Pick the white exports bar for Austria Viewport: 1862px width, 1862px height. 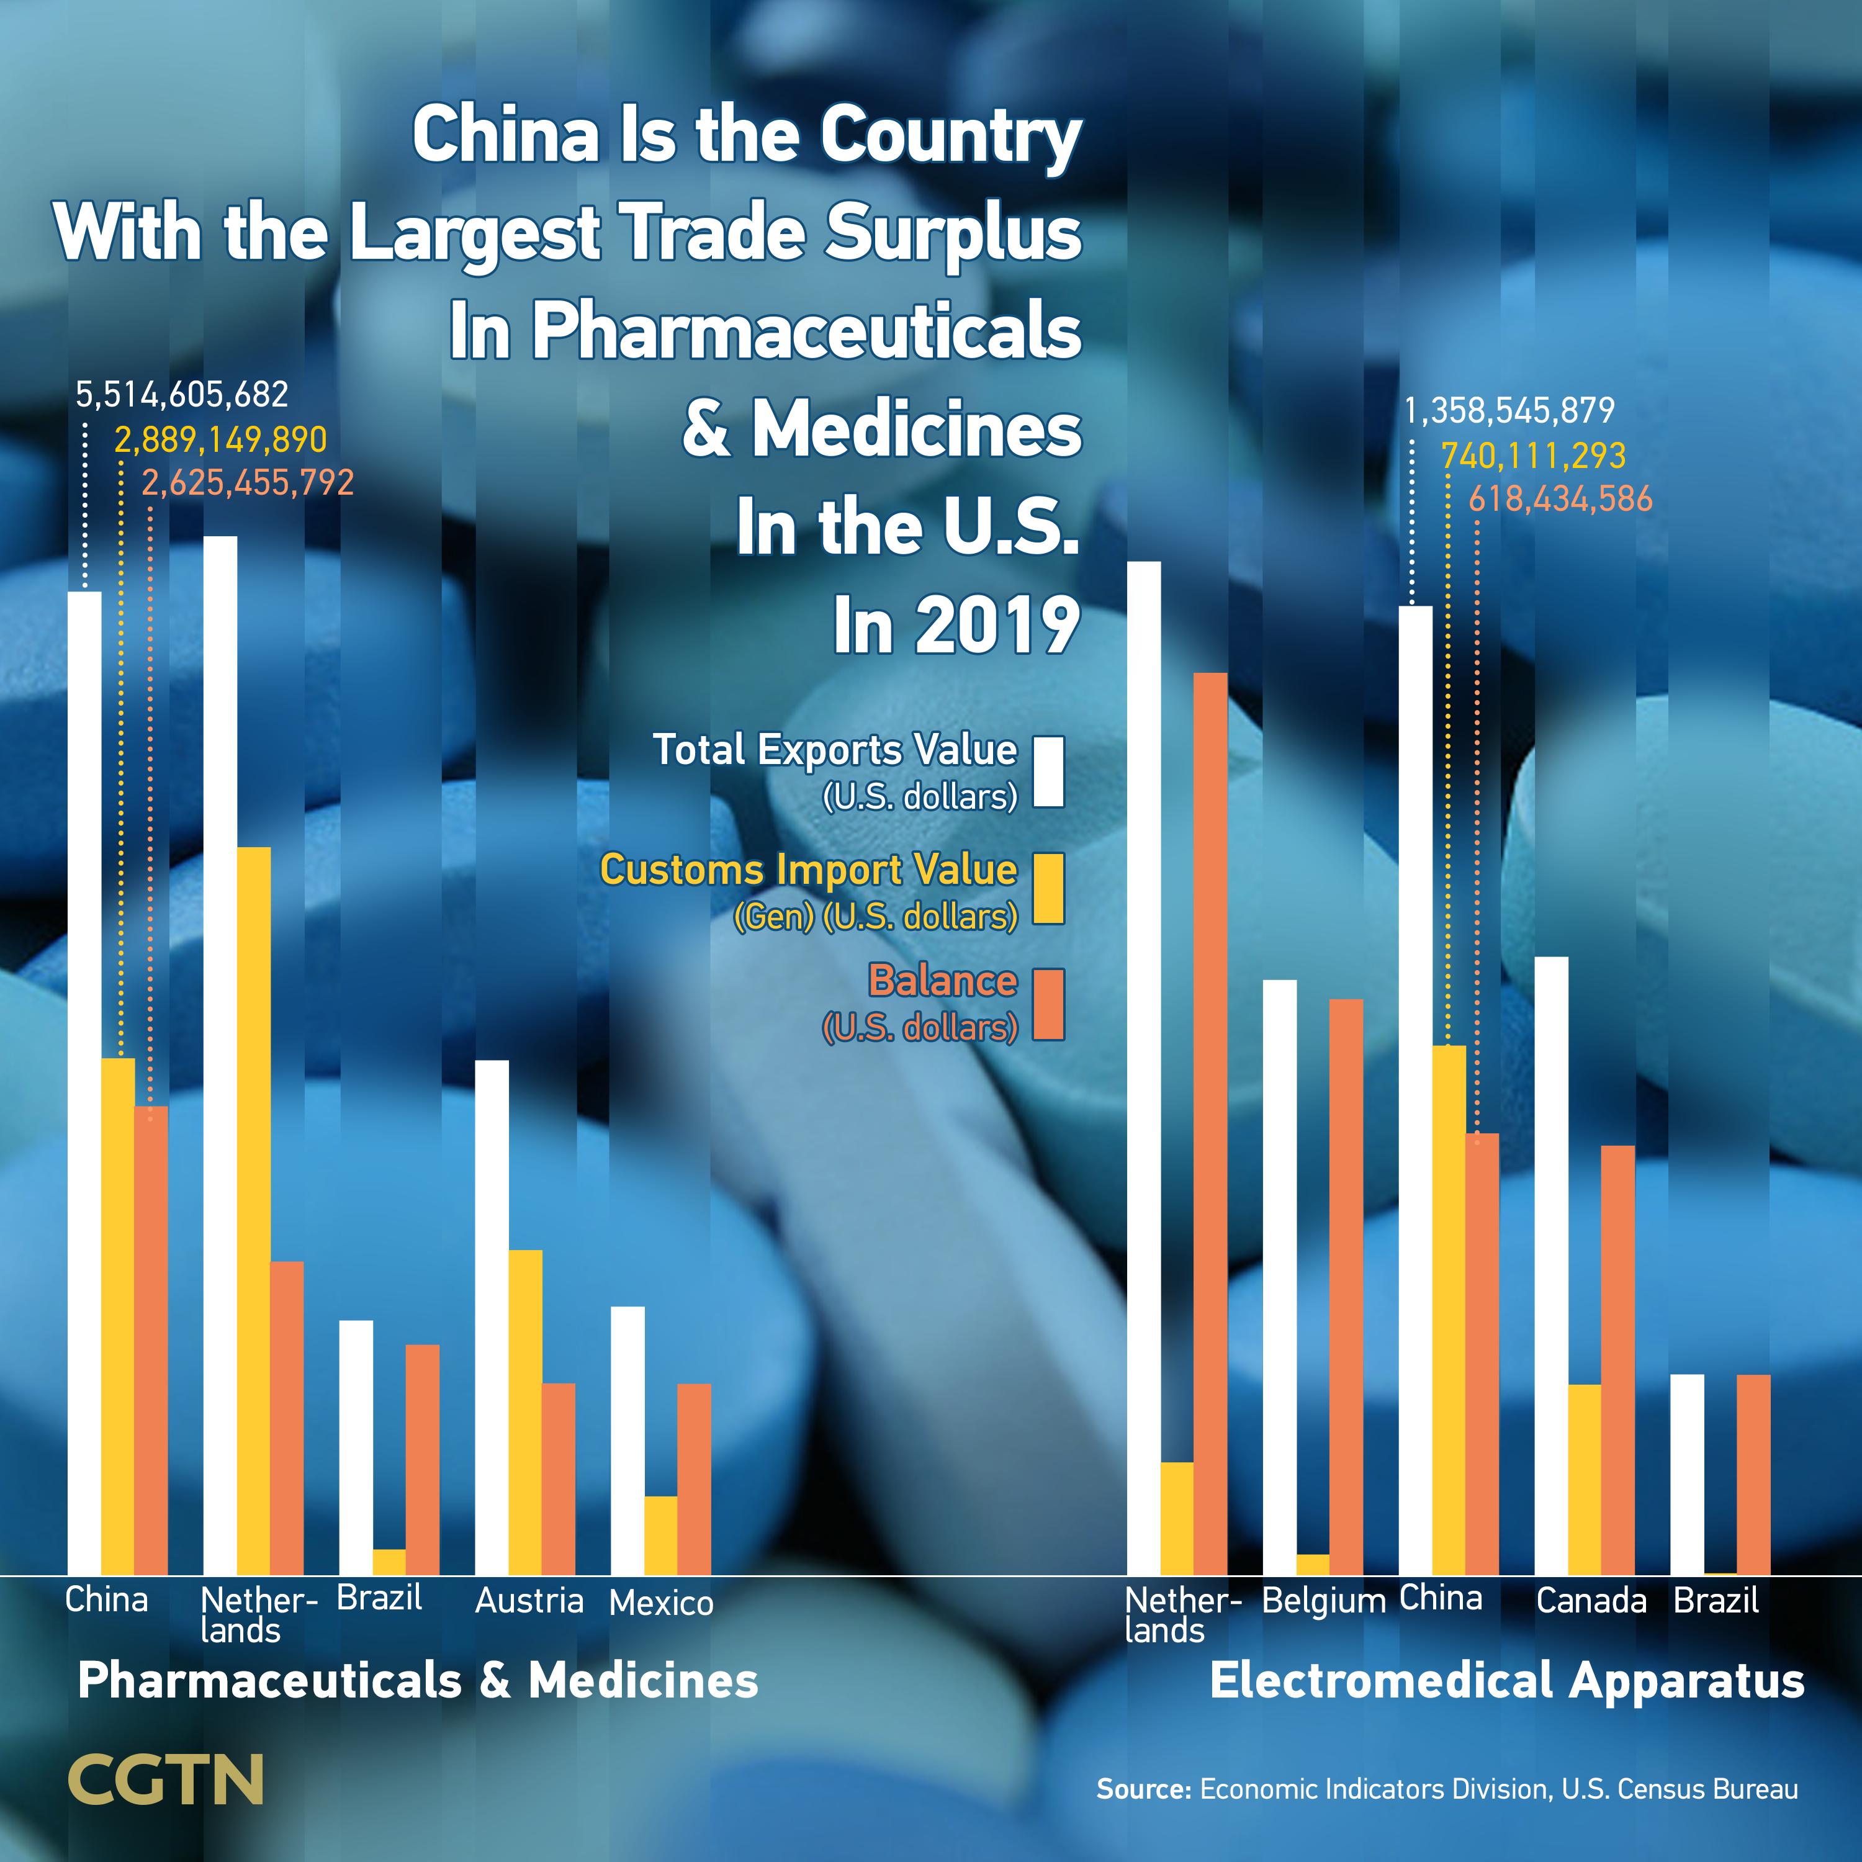click(x=492, y=1316)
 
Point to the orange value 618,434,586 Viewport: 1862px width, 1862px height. click(x=1560, y=499)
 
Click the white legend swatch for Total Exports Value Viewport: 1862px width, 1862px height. click(x=1048, y=771)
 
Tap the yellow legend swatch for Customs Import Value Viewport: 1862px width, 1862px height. click(x=1048, y=889)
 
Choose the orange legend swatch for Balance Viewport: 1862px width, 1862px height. click(x=1048, y=1004)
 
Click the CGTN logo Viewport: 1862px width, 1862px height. click(x=166, y=1780)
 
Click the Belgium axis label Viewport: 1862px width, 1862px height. click(x=1323, y=1601)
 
